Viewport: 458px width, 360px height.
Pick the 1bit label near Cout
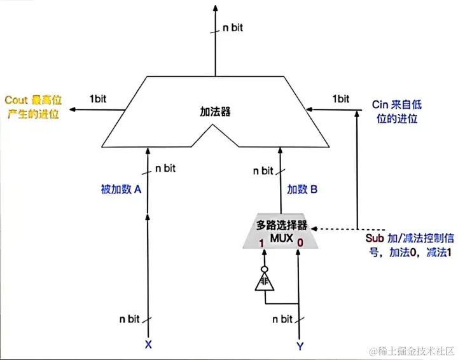tap(97, 99)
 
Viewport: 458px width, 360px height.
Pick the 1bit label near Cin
tap(341, 99)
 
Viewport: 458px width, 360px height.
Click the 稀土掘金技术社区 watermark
tap(410, 350)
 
